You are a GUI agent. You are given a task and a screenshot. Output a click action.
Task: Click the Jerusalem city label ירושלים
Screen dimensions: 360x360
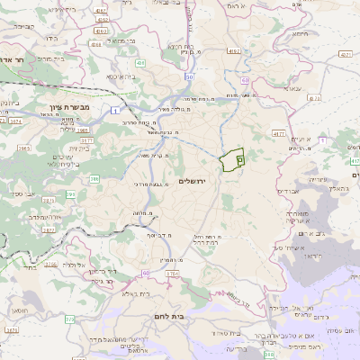tap(193, 182)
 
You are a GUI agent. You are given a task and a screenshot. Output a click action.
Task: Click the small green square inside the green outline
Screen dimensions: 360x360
tap(239, 158)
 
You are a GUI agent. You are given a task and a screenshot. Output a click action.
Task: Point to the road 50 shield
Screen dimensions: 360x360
tap(189, 77)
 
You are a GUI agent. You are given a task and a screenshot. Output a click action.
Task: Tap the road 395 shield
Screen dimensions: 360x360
tap(71, 193)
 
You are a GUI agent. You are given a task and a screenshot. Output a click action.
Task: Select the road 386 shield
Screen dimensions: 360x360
tap(94, 179)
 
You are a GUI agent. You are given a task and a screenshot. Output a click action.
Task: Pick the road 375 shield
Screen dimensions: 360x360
tap(70, 319)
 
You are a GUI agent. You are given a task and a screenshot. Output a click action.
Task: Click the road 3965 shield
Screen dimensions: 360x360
tap(24, 148)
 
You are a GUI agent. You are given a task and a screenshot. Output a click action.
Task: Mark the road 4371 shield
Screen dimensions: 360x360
tap(346, 56)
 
